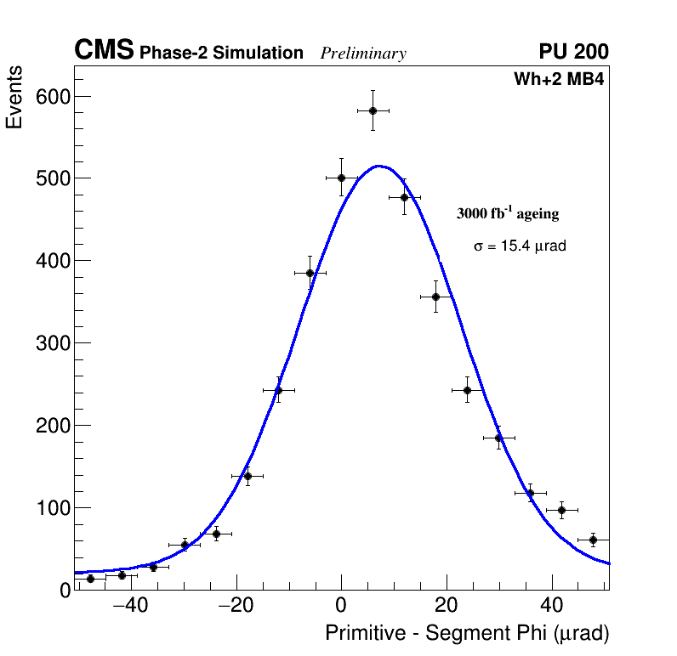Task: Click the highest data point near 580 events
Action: pyautogui.click(x=373, y=110)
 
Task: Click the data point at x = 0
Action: pyautogui.click(x=341, y=178)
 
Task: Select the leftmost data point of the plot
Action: pyautogui.click(x=90, y=579)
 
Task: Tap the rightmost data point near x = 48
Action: pyautogui.click(x=593, y=540)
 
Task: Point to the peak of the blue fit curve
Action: pyautogui.click(x=378, y=166)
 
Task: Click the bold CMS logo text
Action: pyautogui.click(x=104, y=51)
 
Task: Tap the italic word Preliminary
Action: pyautogui.click(x=363, y=54)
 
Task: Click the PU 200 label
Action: pyautogui.click(x=573, y=52)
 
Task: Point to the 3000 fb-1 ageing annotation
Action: pyautogui.click(x=508, y=213)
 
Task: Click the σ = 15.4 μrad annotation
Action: pyautogui.click(x=520, y=246)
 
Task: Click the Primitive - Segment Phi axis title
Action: pyautogui.click(x=467, y=634)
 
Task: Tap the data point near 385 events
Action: pyautogui.click(x=310, y=273)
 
